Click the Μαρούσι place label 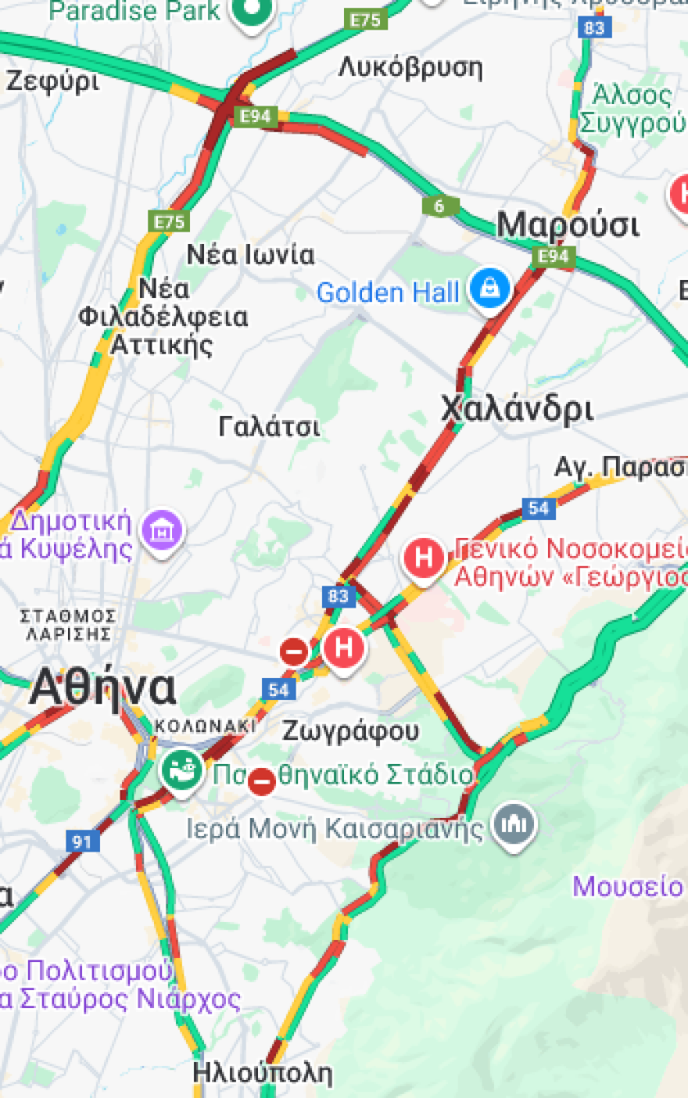point(568,225)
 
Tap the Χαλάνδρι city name point(517,409)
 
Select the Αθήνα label point(102,688)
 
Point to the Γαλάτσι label point(269,427)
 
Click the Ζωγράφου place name point(350,731)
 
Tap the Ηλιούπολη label point(263,1072)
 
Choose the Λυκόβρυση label point(410,68)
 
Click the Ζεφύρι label point(53,81)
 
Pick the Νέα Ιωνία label point(250,254)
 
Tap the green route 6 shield point(439,206)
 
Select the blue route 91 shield point(81,841)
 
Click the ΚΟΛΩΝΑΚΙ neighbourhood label point(205,726)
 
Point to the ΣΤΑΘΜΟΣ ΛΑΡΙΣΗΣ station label point(69,626)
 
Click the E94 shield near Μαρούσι point(554,257)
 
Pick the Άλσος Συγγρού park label point(632,109)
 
